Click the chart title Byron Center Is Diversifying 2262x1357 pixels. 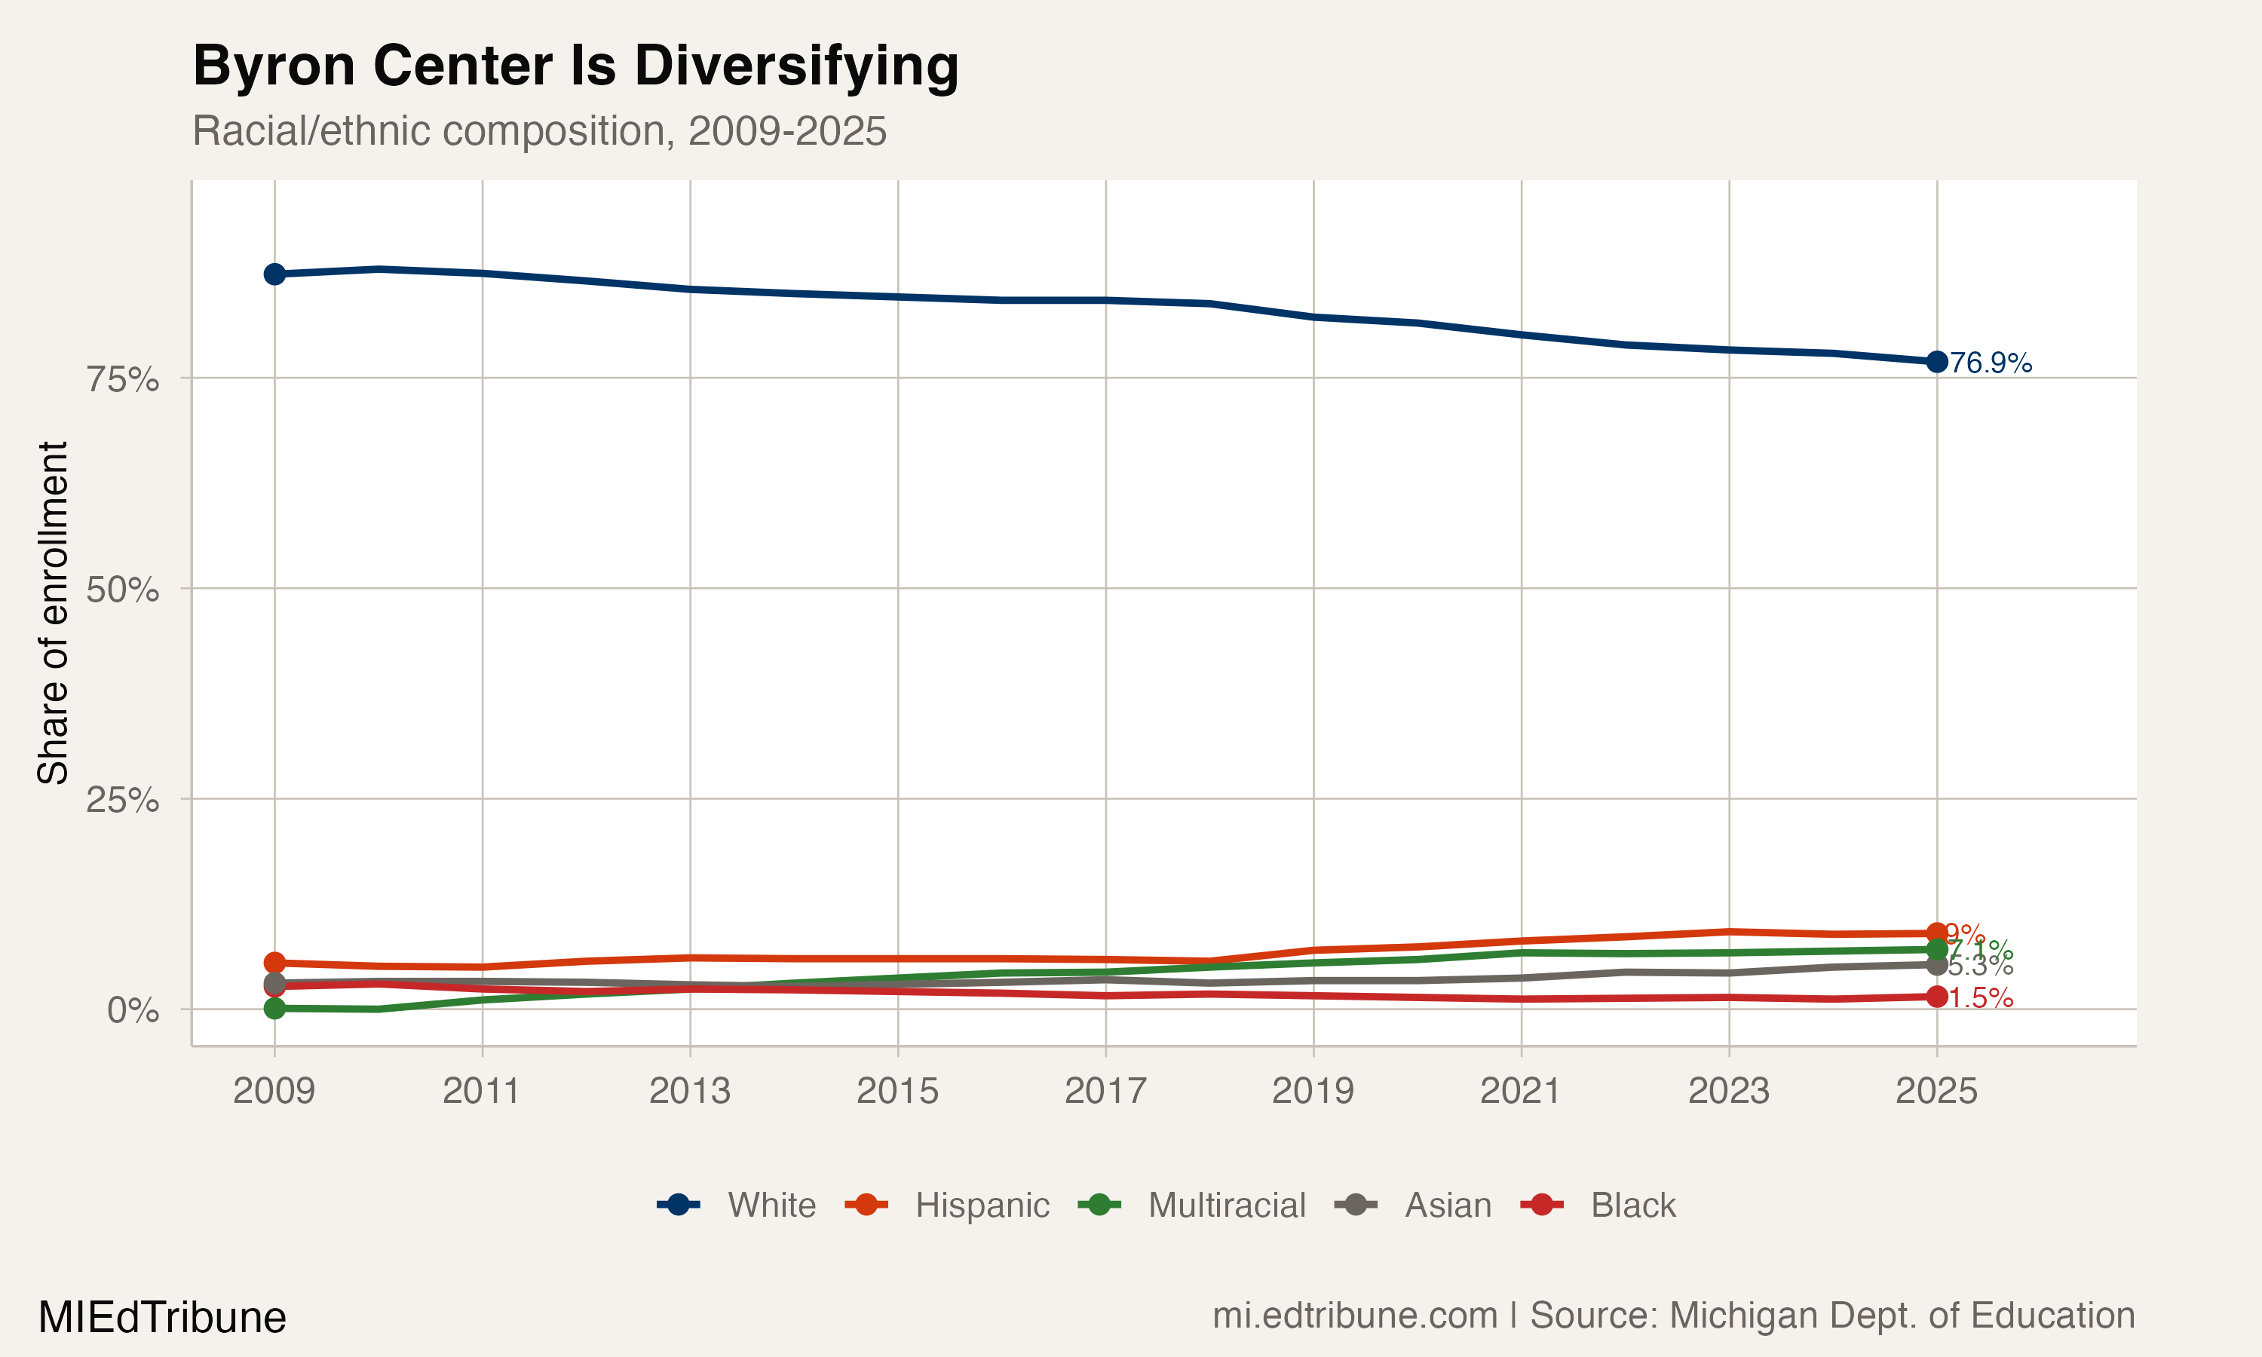click(x=575, y=67)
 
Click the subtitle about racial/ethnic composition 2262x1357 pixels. click(x=538, y=130)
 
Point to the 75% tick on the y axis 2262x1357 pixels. click(x=122, y=378)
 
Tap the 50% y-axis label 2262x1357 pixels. click(x=122, y=590)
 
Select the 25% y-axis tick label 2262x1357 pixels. click(x=122, y=800)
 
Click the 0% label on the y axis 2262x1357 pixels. click(x=133, y=1010)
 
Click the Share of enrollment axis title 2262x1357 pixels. click(x=53, y=613)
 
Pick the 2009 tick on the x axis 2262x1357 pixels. click(x=274, y=1091)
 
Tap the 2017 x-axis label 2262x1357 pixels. click(x=1105, y=1091)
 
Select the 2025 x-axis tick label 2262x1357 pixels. click(x=1936, y=1091)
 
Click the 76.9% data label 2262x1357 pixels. click(x=1991, y=363)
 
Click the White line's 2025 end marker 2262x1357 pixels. click(x=1936, y=362)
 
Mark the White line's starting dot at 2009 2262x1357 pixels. click(x=274, y=274)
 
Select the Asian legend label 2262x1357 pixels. click(x=1448, y=1205)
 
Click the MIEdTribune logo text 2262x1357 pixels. click(x=162, y=1318)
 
